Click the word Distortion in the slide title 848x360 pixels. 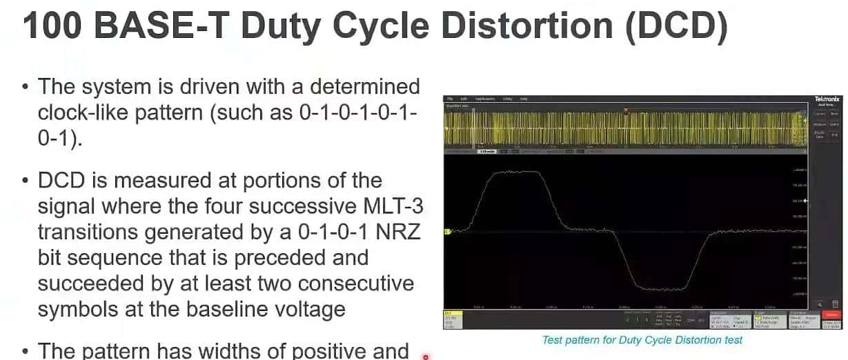point(526,26)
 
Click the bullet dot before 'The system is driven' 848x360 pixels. point(26,88)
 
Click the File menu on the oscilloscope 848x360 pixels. point(450,99)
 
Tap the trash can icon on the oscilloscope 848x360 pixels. point(834,303)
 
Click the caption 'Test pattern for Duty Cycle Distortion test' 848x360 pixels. point(642,339)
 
